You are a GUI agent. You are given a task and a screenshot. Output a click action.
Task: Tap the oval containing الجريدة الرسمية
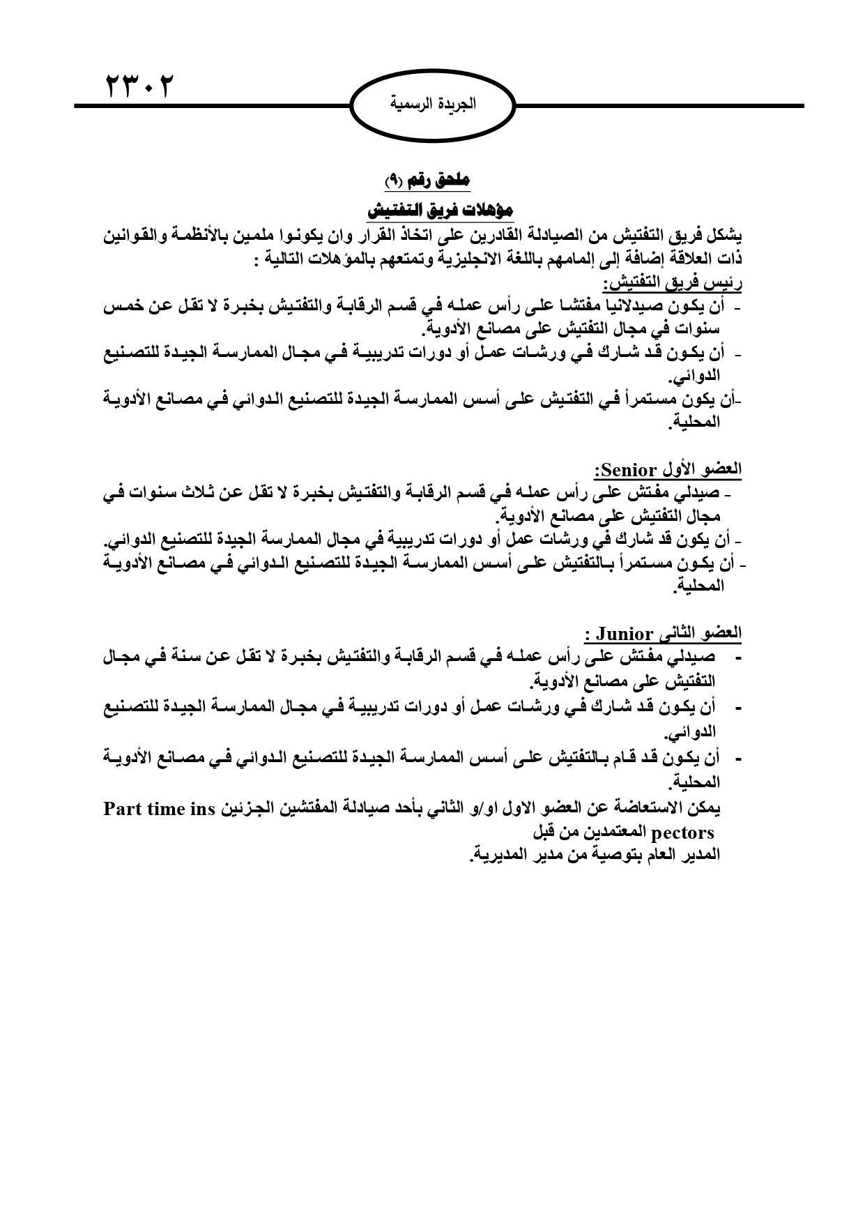[432, 105]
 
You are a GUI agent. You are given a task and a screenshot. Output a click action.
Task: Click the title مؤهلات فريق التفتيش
[439, 210]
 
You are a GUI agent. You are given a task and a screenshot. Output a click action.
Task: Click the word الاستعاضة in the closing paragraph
[648, 808]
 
